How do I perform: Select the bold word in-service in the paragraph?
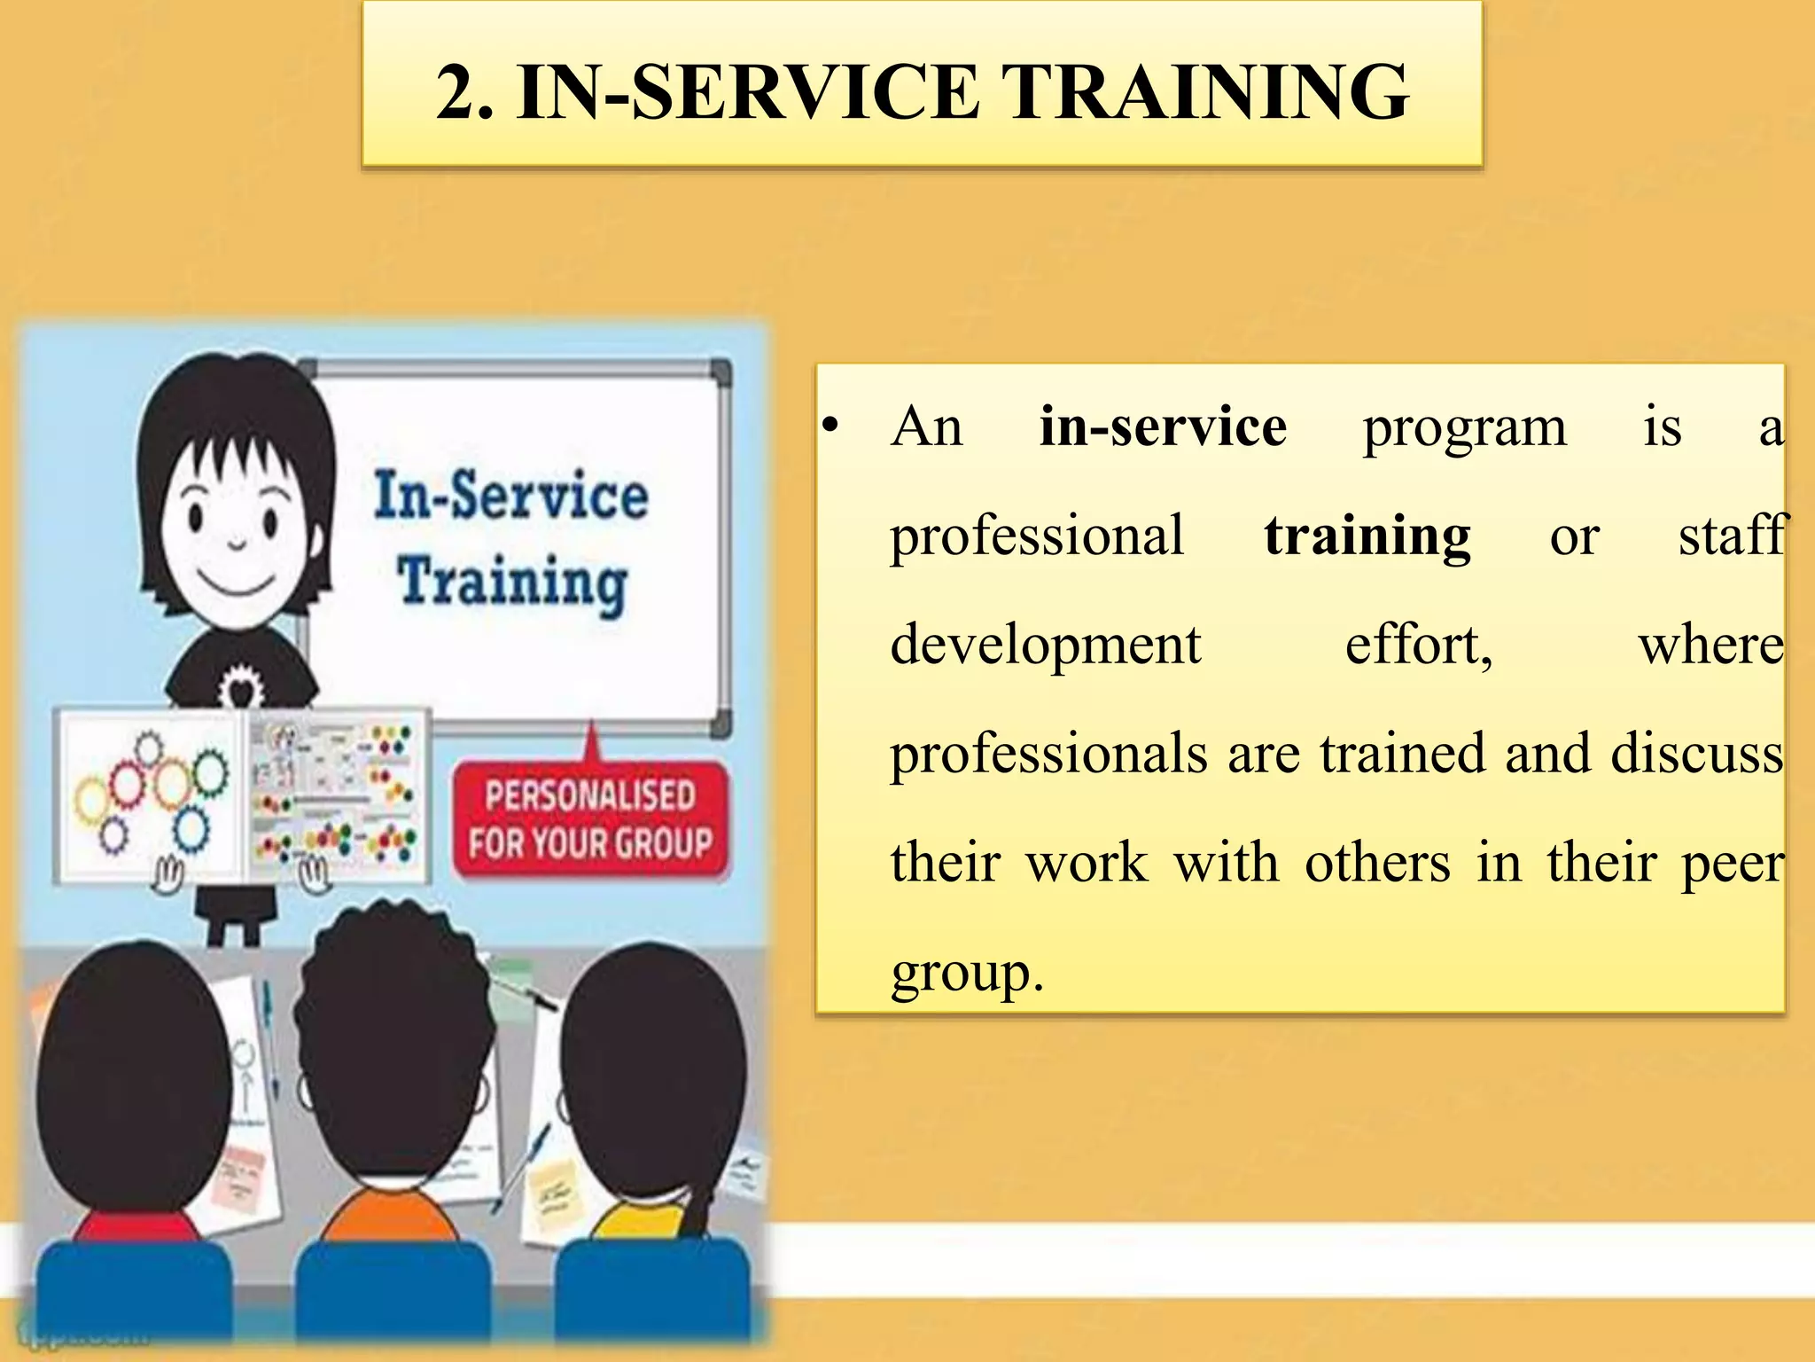1163,427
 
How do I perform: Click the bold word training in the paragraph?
1367,537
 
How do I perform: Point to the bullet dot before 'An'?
830,427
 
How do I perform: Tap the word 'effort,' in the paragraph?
1419,646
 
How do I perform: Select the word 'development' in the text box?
1046,646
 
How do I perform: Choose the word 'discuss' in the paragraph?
1696,755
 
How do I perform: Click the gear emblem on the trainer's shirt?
240,686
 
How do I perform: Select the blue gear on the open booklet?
191,829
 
